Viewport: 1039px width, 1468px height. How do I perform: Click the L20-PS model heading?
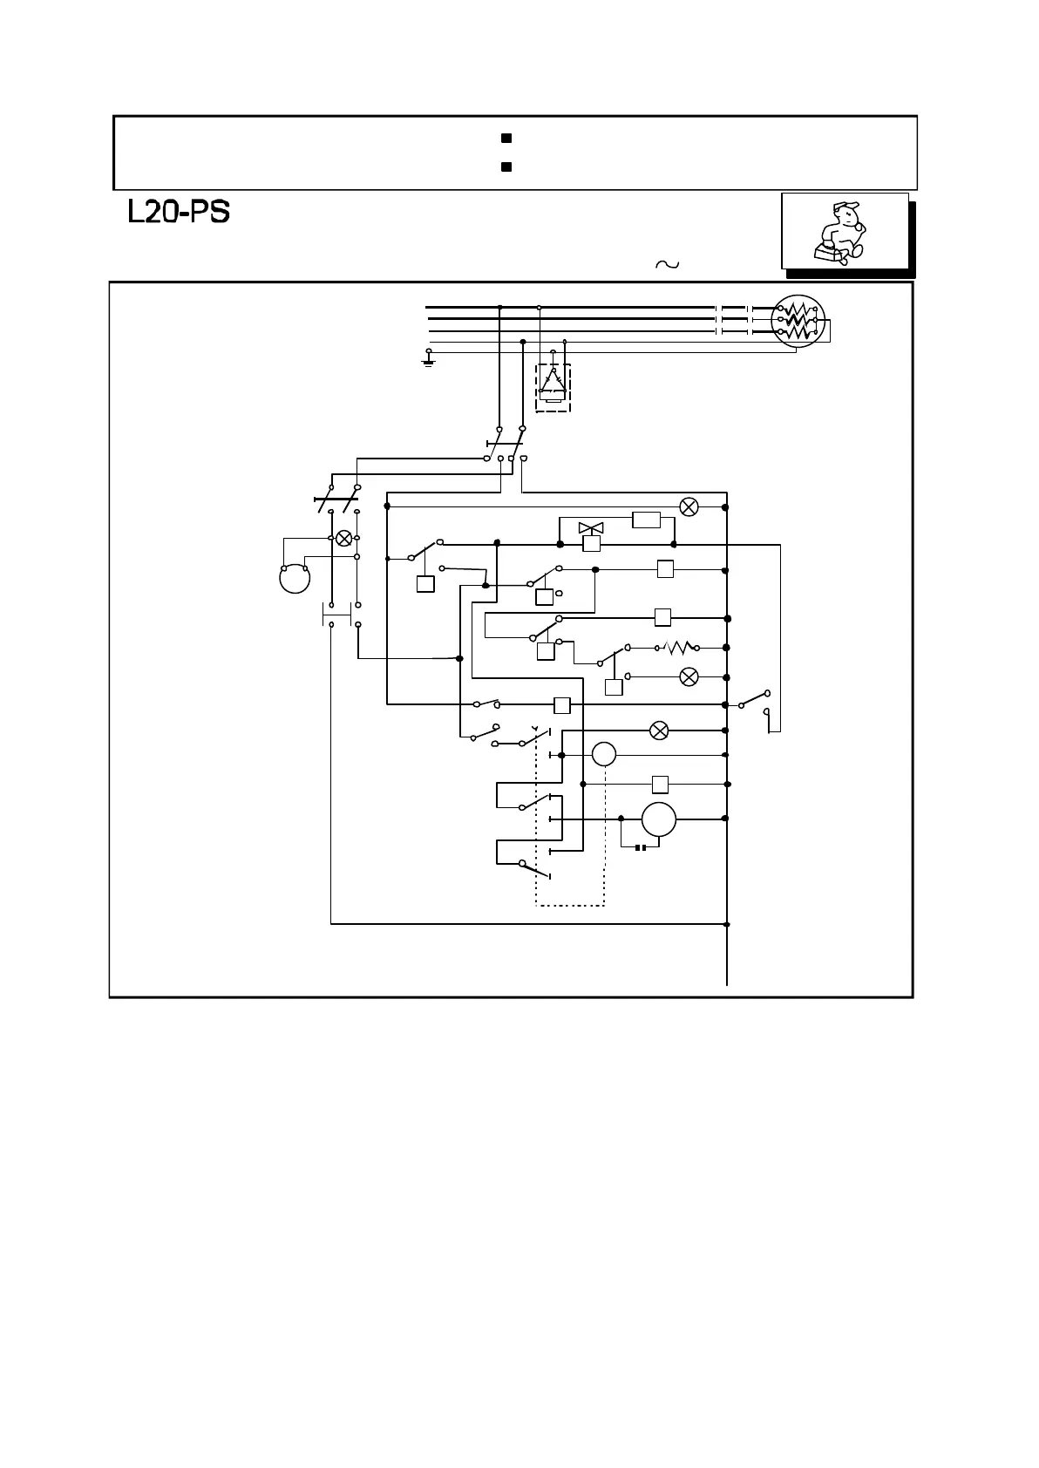(179, 212)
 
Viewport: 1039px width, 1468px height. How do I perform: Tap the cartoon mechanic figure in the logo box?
(839, 231)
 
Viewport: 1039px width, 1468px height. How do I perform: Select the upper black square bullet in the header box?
(506, 139)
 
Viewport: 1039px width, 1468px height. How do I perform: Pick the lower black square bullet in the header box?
(506, 166)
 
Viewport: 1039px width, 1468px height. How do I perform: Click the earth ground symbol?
(428, 358)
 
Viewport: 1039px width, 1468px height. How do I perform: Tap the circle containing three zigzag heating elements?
(798, 321)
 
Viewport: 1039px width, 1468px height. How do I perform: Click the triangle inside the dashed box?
(552, 381)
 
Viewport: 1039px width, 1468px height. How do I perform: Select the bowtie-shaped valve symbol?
(591, 528)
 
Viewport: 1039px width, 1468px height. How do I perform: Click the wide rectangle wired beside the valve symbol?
(646, 520)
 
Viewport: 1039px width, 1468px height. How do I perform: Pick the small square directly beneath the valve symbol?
(591, 545)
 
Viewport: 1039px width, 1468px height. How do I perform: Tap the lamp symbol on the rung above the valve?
(689, 506)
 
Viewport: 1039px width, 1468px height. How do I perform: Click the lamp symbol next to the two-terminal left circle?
(344, 538)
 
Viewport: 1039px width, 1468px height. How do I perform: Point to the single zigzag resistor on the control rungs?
(677, 648)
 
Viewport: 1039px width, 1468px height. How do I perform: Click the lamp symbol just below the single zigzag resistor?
(689, 676)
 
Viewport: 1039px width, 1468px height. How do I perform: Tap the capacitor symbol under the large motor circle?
(640, 846)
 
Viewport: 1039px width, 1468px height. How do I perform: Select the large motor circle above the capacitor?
(659, 819)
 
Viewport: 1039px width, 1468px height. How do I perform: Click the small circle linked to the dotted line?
(604, 754)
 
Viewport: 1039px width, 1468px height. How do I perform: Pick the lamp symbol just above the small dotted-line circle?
(660, 731)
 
